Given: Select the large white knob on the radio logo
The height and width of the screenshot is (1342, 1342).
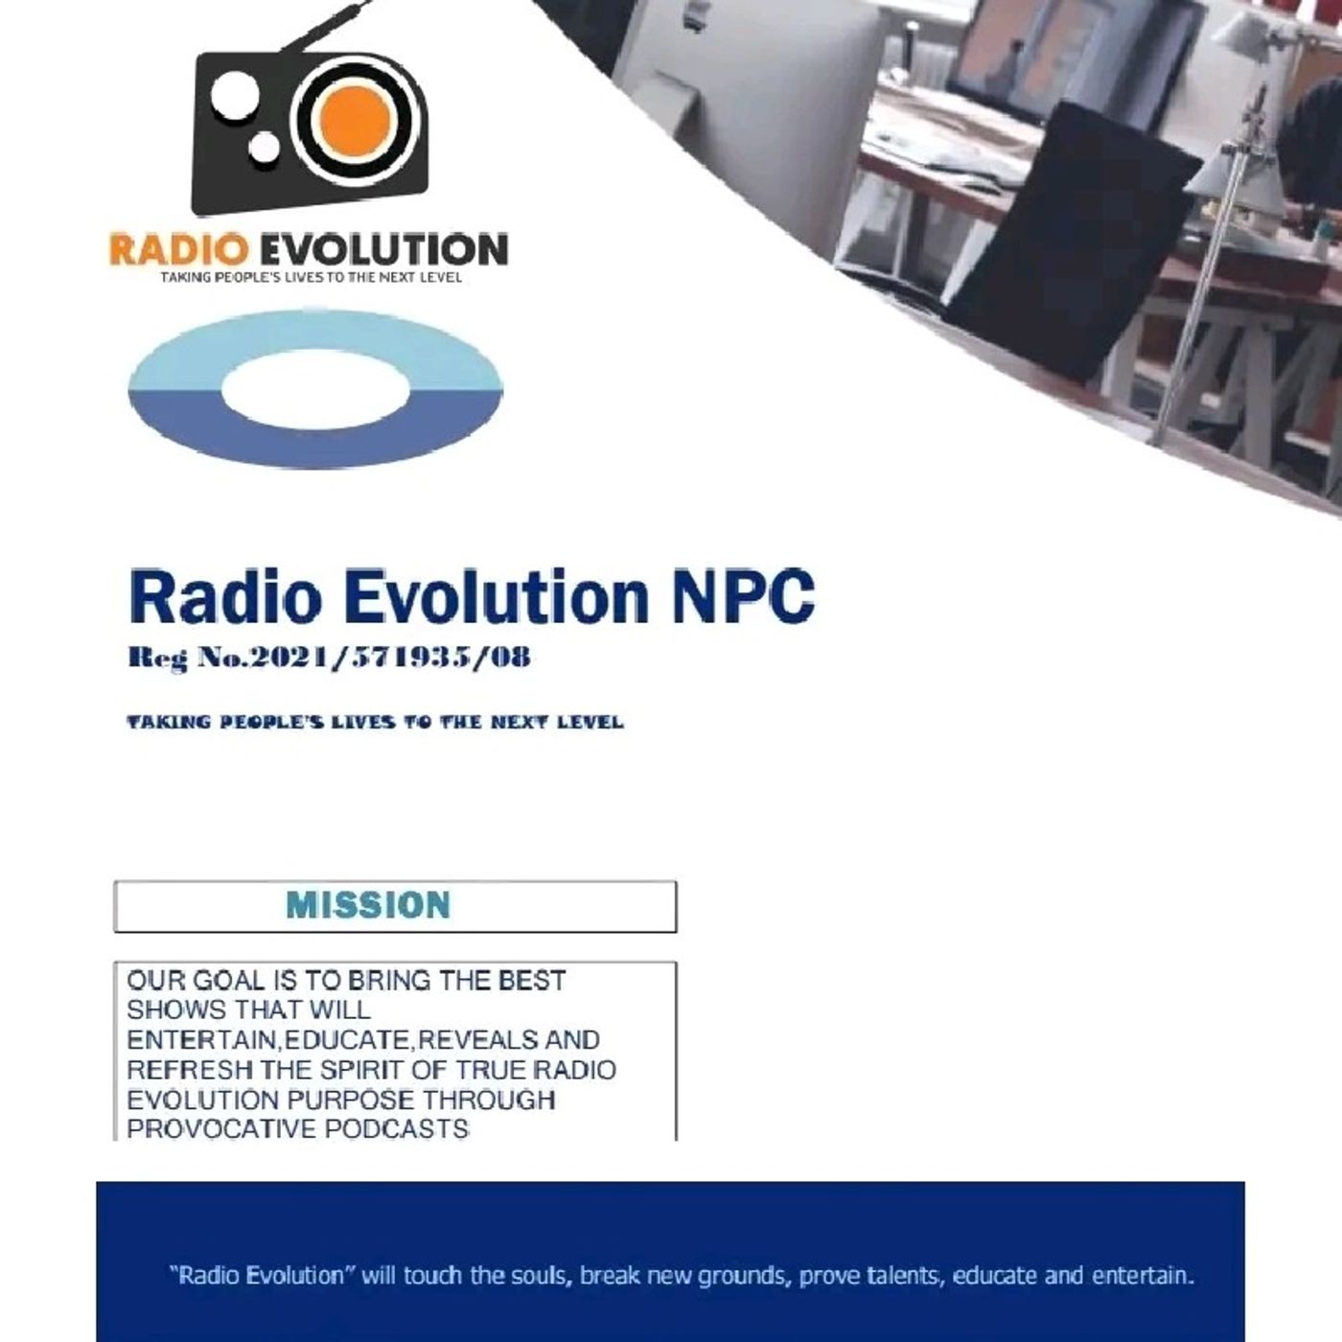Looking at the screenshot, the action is pos(235,94).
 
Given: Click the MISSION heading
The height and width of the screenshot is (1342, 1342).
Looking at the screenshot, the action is pos(368,905).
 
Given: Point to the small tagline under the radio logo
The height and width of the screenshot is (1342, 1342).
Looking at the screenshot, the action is pos(312,277).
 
